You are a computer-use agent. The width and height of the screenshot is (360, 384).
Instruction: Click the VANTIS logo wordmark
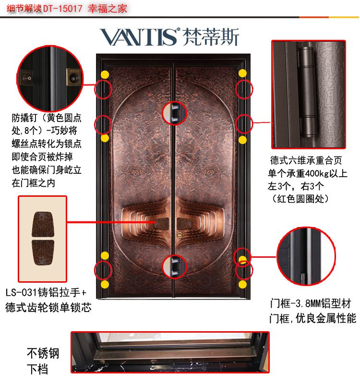[x=139, y=37]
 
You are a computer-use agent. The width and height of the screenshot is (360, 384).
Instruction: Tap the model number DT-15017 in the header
[x=63, y=9]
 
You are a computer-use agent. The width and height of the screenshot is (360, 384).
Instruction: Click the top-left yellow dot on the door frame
[x=105, y=74]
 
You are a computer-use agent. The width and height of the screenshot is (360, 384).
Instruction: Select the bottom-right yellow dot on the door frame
[x=242, y=284]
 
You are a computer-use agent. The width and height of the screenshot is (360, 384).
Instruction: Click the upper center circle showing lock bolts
[x=174, y=113]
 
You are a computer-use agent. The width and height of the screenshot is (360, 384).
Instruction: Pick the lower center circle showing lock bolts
[x=174, y=267]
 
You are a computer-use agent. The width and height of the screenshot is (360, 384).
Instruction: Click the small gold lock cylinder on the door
[x=180, y=235]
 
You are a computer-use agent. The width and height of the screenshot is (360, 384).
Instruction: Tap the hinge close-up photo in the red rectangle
[x=309, y=95]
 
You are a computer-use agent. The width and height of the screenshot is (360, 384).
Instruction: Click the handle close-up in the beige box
[x=43, y=239]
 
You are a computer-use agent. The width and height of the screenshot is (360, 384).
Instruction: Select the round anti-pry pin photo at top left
[x=50, y=78]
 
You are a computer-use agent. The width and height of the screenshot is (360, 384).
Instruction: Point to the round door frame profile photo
[x=306, y=256]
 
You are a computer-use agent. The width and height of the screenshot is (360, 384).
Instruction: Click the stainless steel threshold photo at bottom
[x=170, y=352]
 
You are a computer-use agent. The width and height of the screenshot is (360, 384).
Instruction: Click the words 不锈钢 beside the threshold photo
[x=43, y=353]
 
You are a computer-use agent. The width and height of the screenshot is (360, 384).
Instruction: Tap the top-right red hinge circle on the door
[x=244, y=90]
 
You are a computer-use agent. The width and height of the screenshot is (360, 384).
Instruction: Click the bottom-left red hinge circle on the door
[x=103, y=270]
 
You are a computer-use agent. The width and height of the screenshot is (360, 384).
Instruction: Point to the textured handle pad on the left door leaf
[x=161, y=224]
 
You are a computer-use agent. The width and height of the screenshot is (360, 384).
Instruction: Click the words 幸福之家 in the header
[x=108, y=9]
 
